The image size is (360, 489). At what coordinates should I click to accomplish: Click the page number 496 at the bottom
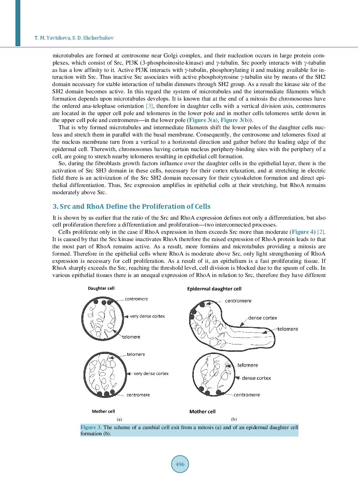(180, 464)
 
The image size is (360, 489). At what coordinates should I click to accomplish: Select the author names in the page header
(74, 38)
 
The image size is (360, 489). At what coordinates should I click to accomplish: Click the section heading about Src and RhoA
(131, 206)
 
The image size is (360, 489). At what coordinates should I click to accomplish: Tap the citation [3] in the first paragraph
(150, 106)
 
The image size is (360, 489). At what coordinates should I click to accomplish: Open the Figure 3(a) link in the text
(203, 120)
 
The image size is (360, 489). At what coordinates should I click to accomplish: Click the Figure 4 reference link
(303, 232)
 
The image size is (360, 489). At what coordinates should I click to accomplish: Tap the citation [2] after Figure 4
(321, 232)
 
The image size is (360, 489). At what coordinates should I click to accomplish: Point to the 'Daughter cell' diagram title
(101, 288)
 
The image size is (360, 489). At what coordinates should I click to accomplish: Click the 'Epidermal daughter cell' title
(214, 289)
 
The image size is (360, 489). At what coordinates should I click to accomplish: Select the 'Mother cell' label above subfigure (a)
(103, 411)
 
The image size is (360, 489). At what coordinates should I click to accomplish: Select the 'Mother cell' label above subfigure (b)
(202, 412)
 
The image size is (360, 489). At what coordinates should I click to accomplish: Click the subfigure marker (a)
(119, 419)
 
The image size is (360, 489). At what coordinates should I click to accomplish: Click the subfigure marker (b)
(234, 419)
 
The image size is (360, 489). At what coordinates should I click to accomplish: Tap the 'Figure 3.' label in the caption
(91, 428)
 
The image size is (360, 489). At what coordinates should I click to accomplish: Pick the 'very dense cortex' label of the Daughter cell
(147, 316)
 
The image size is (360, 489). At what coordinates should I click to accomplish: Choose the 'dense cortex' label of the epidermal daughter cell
(263, 318)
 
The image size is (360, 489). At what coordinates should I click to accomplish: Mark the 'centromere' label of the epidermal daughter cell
(238, 301)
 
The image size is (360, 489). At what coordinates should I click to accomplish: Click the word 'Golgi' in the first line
(170, 56)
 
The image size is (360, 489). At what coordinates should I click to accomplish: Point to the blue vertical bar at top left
(18, 23)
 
